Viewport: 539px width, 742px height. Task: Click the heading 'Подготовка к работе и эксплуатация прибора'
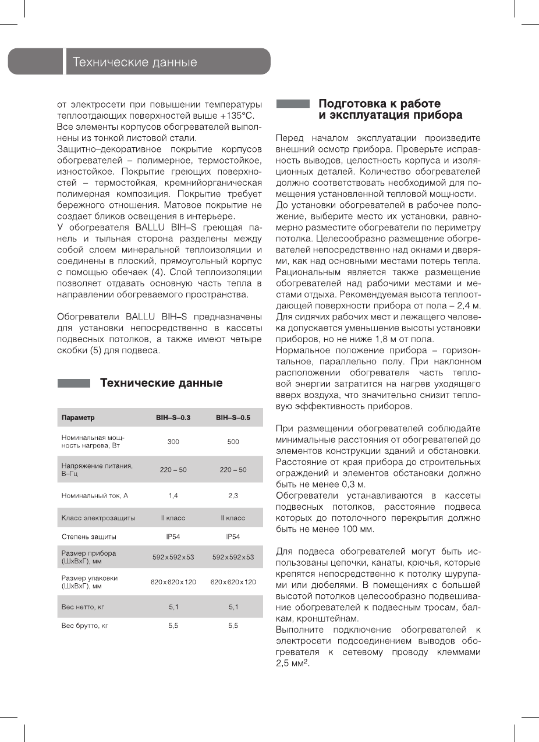[390, 109]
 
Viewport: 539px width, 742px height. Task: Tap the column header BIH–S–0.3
[173, 418]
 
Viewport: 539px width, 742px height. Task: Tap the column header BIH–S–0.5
[233, 418]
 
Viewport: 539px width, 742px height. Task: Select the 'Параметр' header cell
[78, 418]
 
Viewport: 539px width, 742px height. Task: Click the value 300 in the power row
[173, 442]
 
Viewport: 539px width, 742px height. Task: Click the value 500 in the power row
[233, 442]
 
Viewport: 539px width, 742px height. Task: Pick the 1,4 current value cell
[173, 495]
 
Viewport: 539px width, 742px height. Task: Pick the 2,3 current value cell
[233, 495]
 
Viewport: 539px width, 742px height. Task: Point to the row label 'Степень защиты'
[88, 537]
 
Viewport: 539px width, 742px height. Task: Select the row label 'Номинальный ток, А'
[94, 495]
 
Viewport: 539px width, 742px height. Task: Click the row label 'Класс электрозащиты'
[98, 517]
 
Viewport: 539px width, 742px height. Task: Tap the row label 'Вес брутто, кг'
[85, 626]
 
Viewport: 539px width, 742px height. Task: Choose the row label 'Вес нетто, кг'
[83, 607]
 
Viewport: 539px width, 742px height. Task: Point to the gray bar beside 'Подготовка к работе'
[292, 104]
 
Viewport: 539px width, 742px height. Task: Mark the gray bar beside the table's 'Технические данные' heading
[73, 384]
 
